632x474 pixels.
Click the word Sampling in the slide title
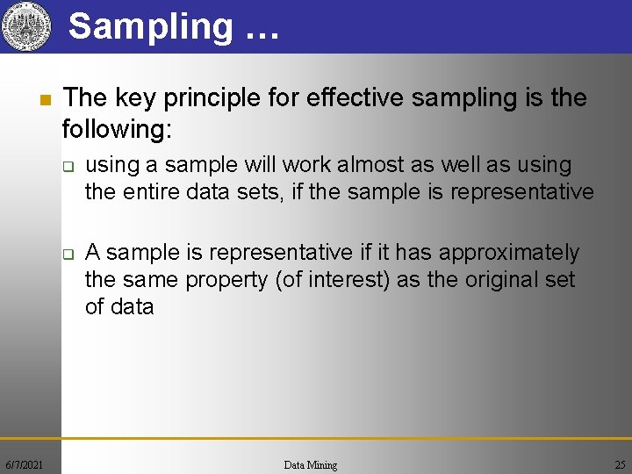(x=150, y=26)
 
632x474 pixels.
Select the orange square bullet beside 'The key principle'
(x=44, y=98)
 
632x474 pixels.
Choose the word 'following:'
(x=117, y=130)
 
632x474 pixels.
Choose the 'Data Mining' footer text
(x=311, y=464)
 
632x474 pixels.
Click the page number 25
(x=620, y=464)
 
